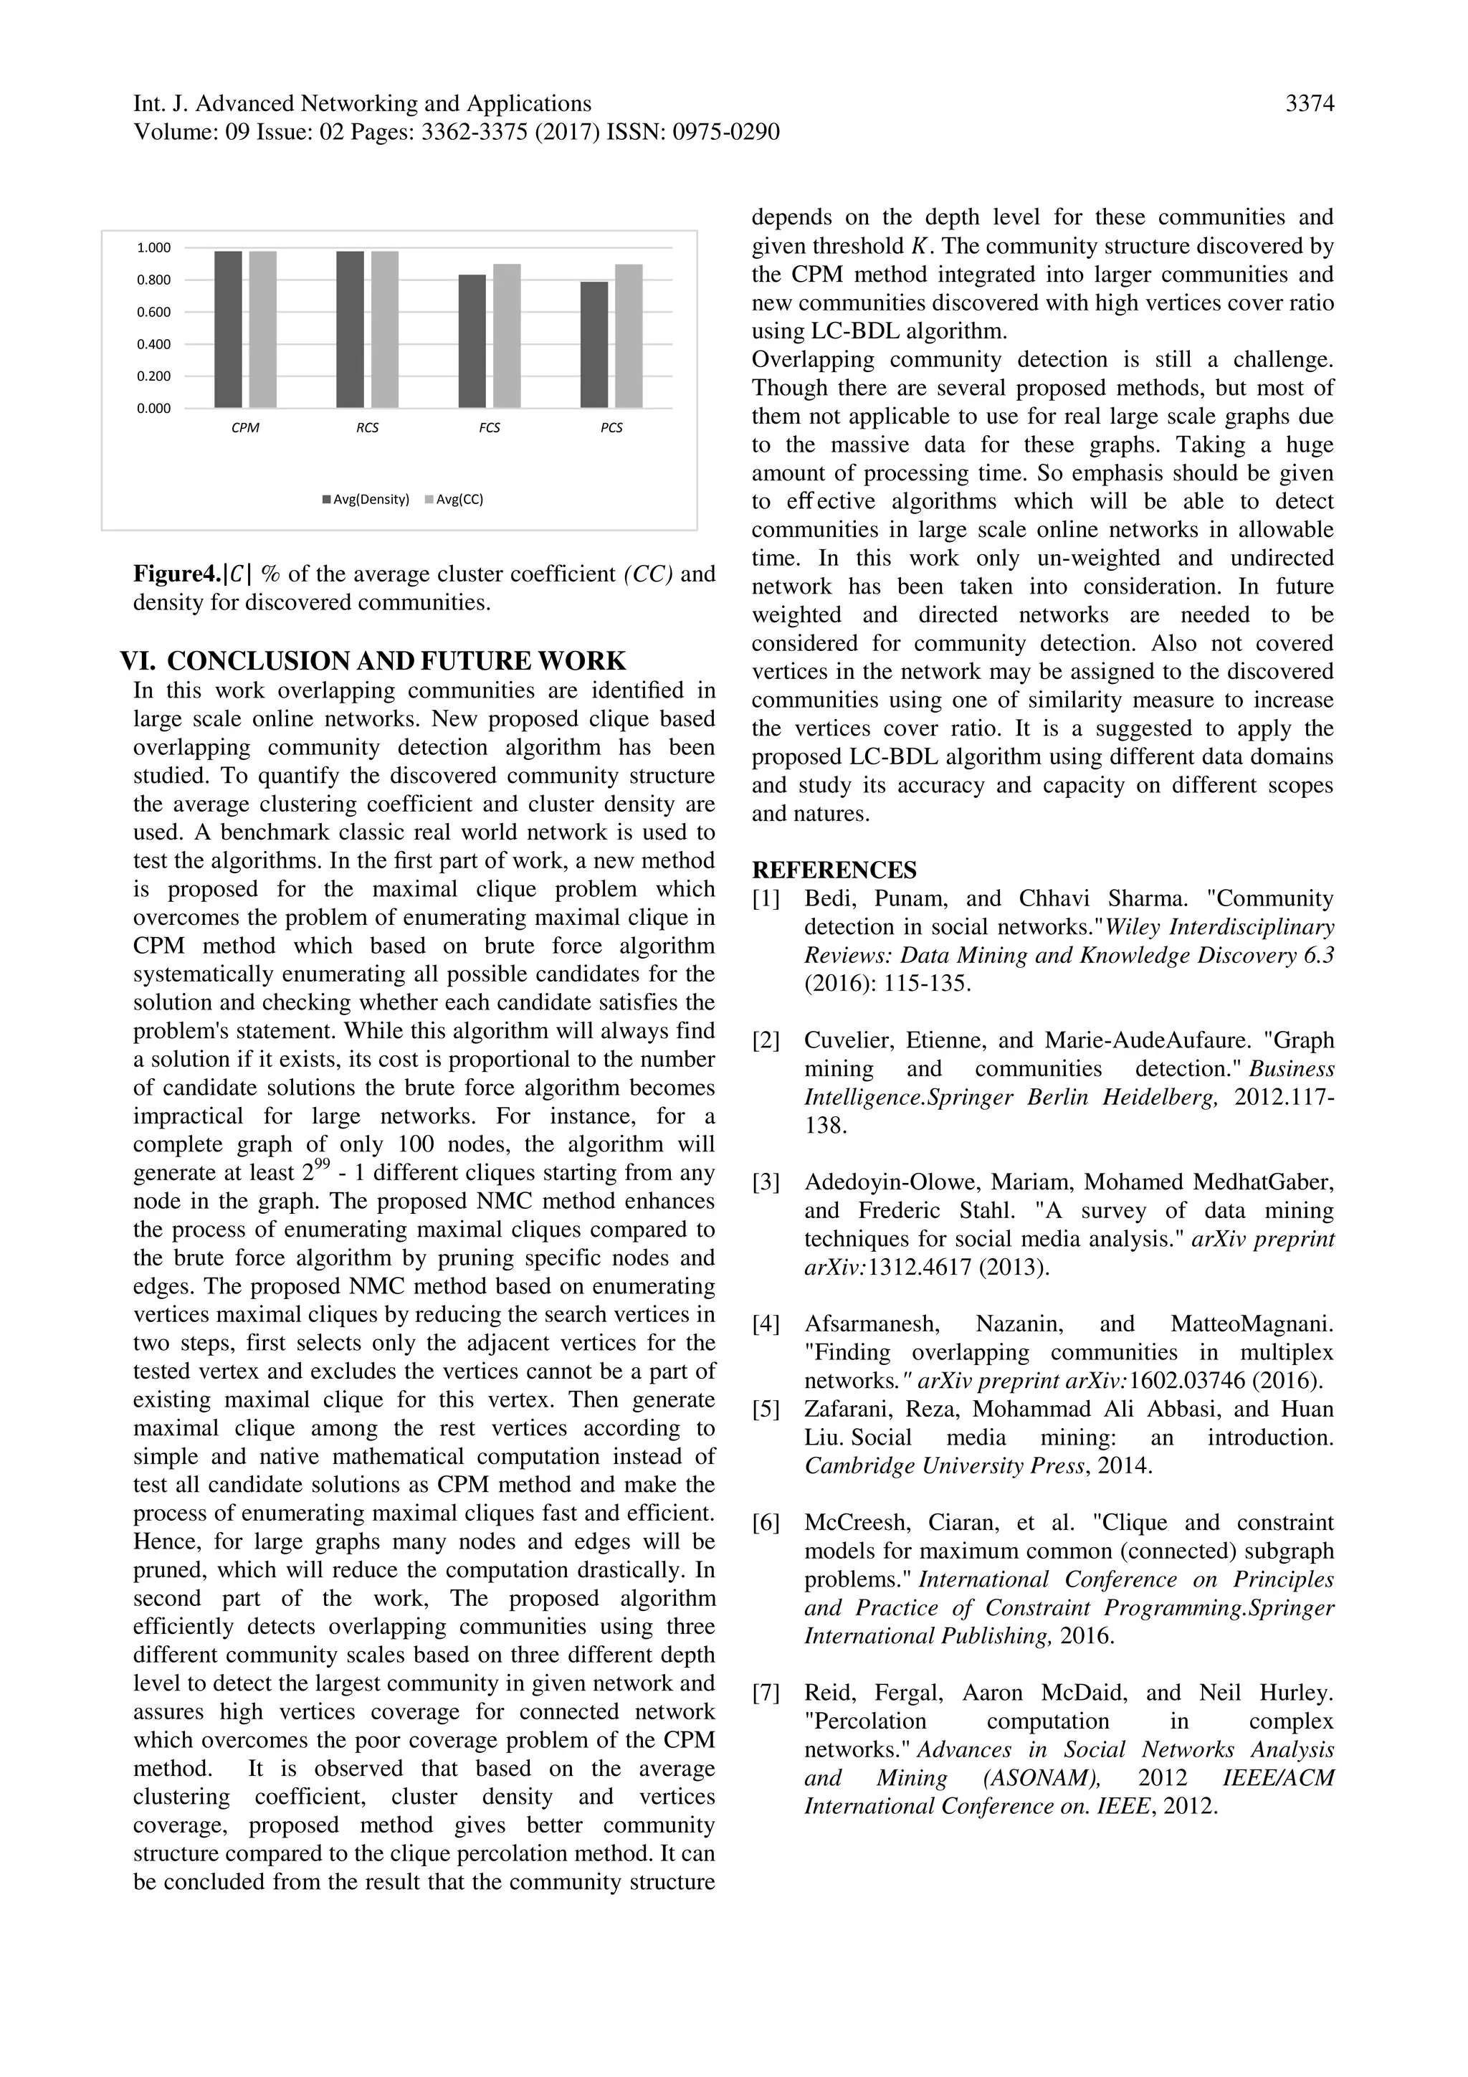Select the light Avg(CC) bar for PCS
(629, 336)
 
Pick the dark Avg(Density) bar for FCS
(472, 341)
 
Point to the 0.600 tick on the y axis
(154, 312)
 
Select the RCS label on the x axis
(367, 428)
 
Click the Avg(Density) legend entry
(366, 499)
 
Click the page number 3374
(1310, 105)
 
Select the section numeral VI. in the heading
(138, 660)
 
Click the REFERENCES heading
(834, 870)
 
